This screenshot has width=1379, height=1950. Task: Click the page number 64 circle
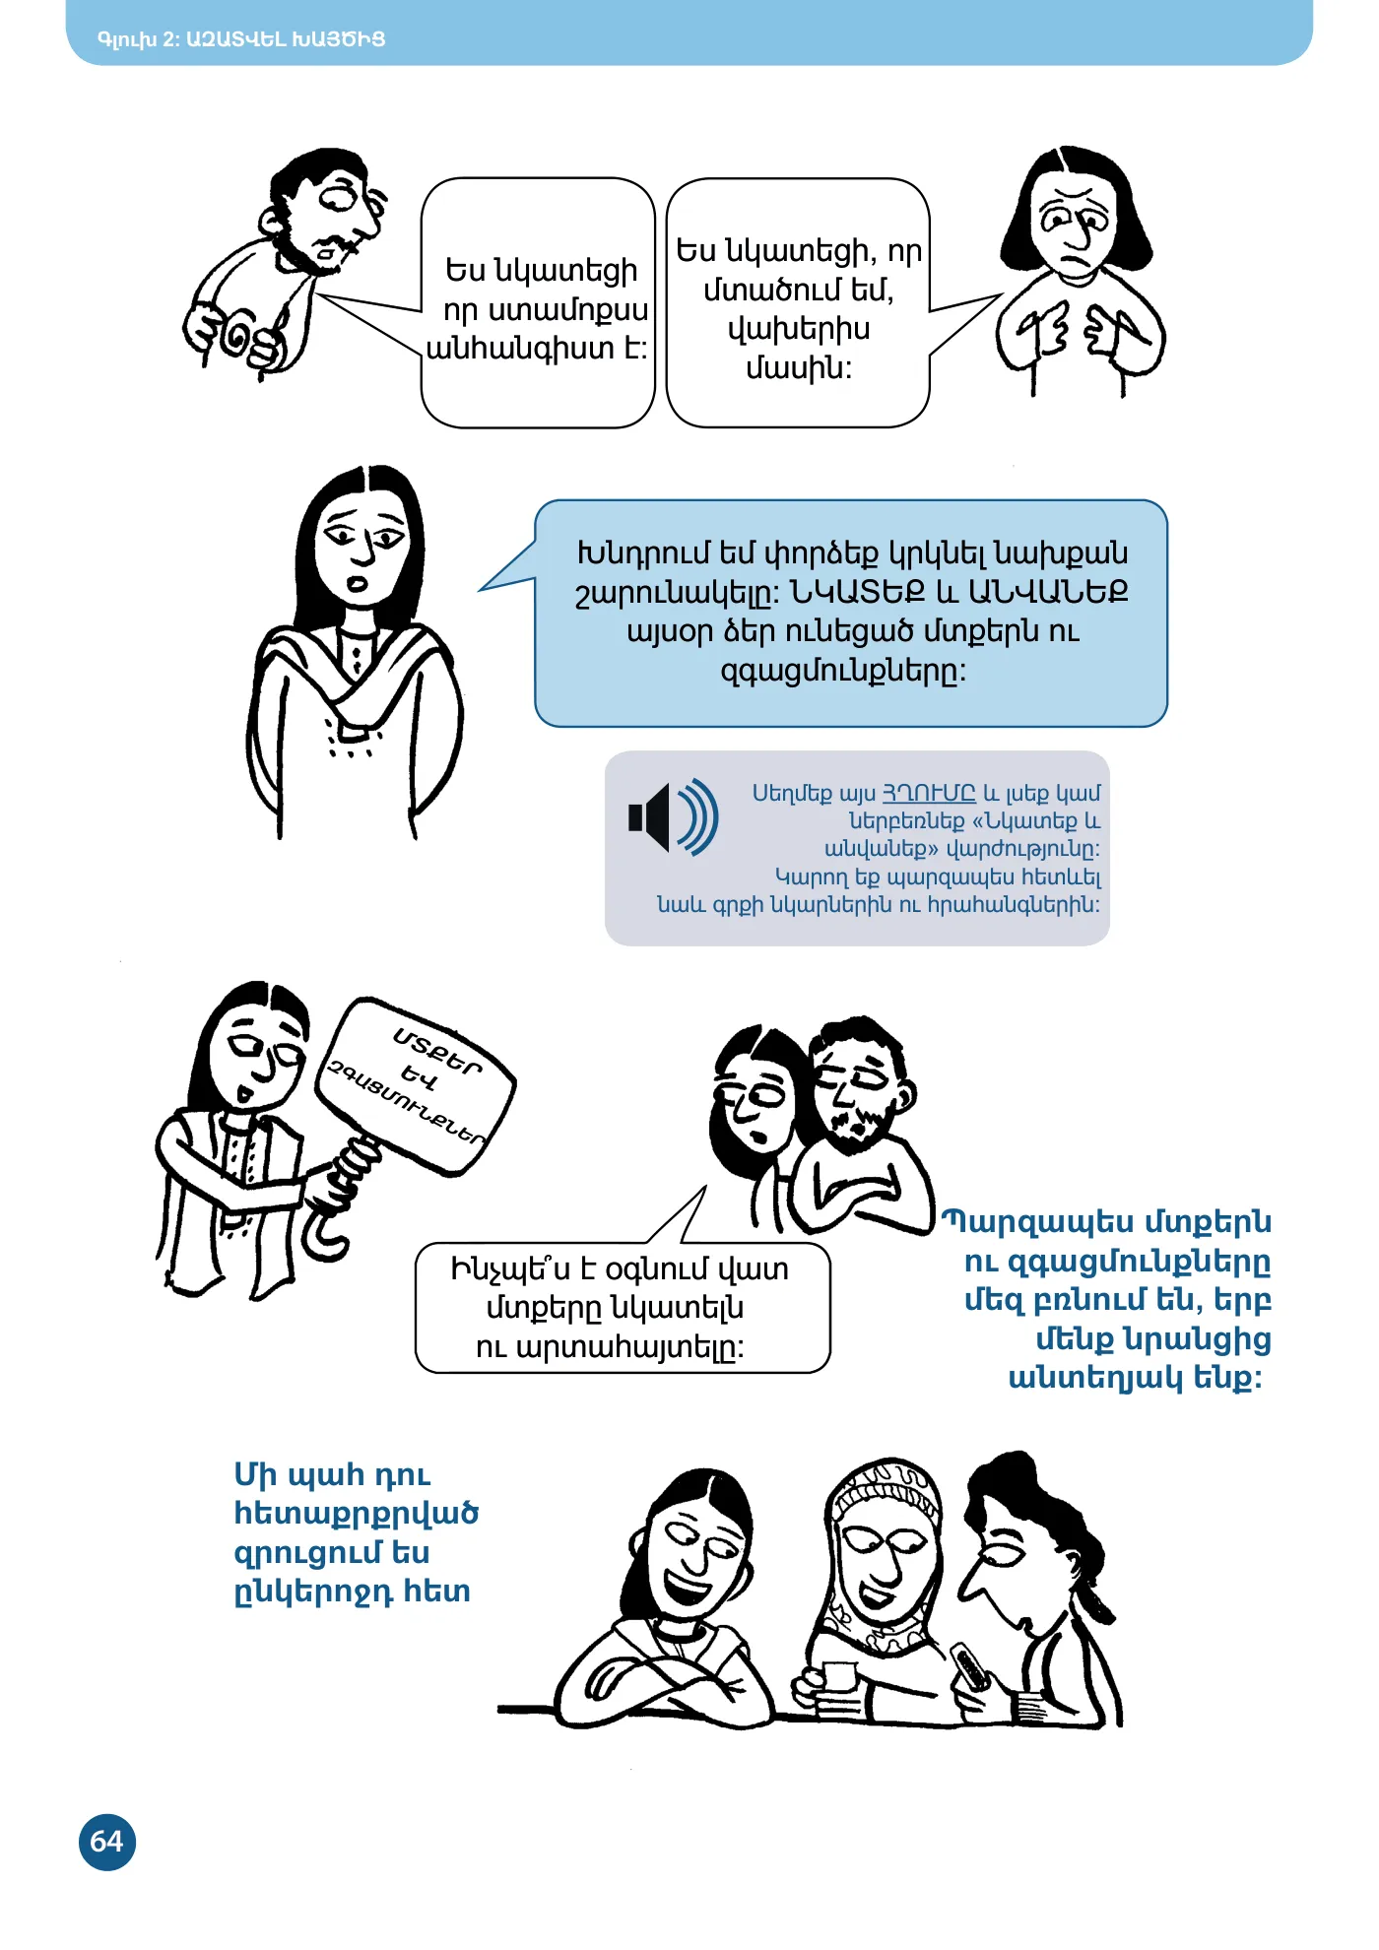pos(106,1842)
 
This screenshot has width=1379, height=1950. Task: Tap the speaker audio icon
pos(674,816)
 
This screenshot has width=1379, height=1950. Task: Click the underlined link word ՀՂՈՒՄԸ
pos(928,793)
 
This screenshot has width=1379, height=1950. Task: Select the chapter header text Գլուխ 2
pos(137,39)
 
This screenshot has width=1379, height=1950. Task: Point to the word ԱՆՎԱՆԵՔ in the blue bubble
pos(1049,591)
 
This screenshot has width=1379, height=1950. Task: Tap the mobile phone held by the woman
pos(969,1665)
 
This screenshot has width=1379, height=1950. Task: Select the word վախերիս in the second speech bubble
pos(799,329)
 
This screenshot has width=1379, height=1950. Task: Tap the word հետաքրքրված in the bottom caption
pos(356,1514)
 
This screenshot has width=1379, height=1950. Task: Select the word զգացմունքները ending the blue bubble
pos(843,672)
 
